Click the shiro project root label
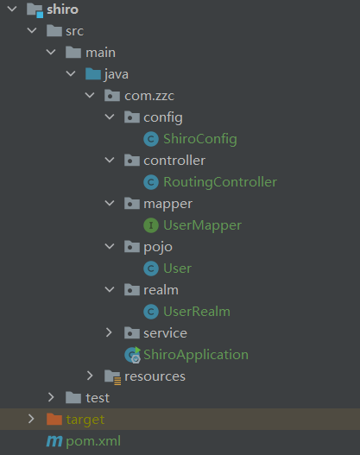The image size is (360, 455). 62,9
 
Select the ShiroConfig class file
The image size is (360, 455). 199,139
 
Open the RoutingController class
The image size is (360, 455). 219,182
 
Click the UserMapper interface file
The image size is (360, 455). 202,225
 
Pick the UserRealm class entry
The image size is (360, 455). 196,312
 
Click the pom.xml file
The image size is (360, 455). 93,441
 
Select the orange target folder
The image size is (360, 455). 85,420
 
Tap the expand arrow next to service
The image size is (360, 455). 109,332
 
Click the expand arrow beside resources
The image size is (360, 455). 90,376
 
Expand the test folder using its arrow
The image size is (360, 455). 51,397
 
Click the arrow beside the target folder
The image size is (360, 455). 32,420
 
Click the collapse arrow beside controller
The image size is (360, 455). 109,161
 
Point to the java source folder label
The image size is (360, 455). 117,74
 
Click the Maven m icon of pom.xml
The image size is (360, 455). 54,441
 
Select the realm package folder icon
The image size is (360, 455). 131,290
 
